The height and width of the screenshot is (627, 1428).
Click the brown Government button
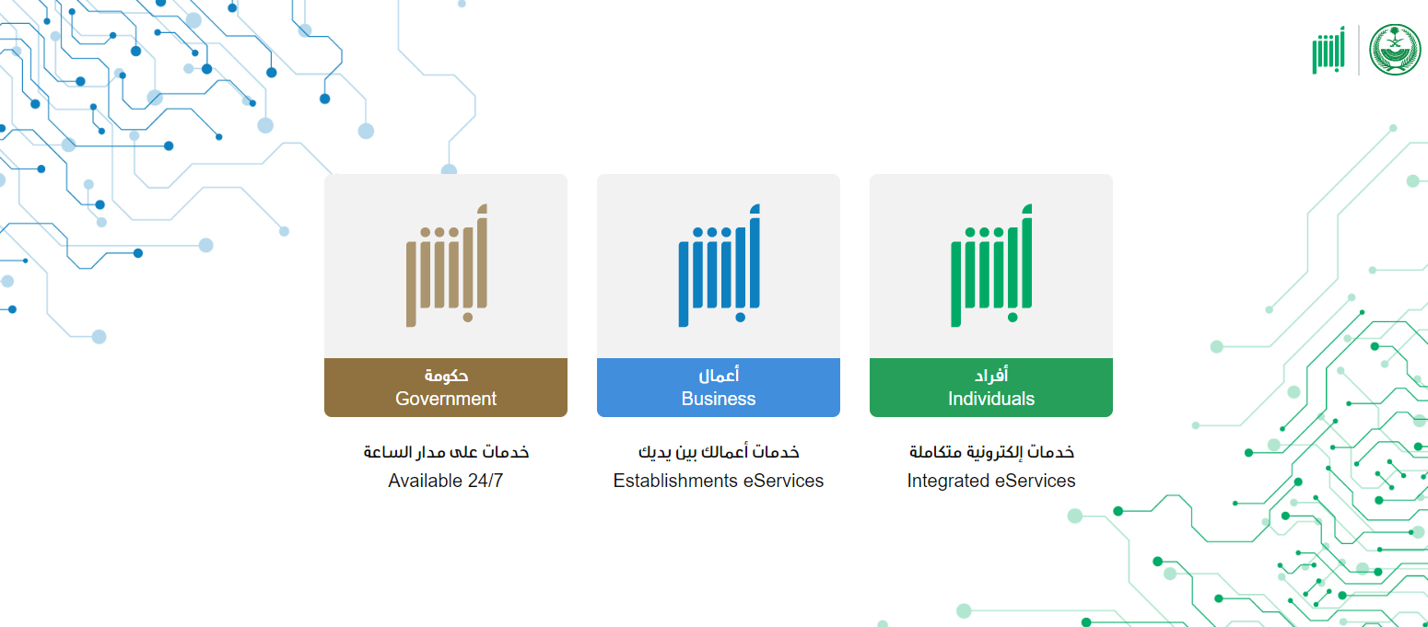click(446, 388)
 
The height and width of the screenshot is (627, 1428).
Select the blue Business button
click(719, 388)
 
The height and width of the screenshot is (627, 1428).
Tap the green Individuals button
click(991, 388)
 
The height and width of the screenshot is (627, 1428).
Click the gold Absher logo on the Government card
click(447, 266)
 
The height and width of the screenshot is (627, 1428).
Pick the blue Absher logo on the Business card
click(720, 266)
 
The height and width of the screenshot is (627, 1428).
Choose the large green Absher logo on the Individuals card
click(991, 266)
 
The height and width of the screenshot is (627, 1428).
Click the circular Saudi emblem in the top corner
click(1395, 50)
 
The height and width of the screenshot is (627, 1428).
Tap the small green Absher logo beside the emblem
click(1329, 51)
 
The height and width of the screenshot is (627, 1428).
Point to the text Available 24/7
click(446, 481)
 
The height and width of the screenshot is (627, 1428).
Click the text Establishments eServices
click(719, 481)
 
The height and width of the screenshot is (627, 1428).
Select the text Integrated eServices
click(991, 481)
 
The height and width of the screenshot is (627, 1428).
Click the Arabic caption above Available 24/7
click(446, 452)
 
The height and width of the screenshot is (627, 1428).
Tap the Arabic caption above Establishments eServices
click(719, 452)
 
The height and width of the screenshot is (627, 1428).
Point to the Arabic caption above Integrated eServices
click(991, 452)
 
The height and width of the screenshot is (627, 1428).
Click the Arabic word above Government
click(446, 376)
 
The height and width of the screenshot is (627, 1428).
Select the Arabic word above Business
click(720, 376)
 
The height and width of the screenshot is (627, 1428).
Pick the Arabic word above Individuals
click(991, 376)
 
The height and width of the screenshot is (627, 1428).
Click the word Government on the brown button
click(446, 399)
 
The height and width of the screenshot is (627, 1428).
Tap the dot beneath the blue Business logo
click(740, 318)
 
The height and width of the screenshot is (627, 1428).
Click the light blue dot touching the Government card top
click(449, 169)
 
